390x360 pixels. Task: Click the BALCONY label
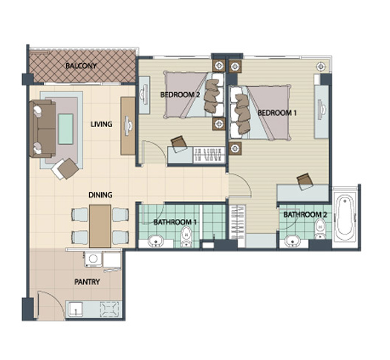[81, 66]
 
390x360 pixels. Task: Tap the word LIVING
[101, 124]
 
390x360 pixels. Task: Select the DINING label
[100, 195]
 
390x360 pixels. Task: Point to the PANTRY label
[87, 282]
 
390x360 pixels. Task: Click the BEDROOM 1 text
[277, 113]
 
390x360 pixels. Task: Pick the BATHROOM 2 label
[305, 215]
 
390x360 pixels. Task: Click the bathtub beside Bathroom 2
[345, 216]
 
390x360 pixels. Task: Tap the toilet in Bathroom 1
[186, 237]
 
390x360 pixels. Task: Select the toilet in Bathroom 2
[319, 230]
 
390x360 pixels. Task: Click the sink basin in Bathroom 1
[156, 241]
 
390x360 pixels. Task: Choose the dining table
[100, 226]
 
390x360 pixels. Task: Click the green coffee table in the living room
[65, 129]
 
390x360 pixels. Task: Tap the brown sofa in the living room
[42, 128]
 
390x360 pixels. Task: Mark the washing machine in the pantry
[93, 259]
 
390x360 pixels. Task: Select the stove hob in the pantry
[110, 310]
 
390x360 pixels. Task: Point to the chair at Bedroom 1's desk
[305, 181]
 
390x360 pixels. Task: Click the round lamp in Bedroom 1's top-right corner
[321, 66]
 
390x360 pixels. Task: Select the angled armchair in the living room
[65, 168]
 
